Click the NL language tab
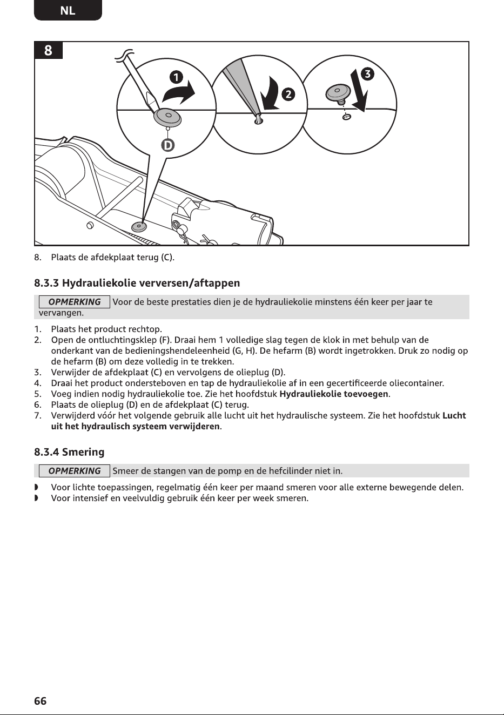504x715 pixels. coord(68,10)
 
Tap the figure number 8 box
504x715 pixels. coord(48,50)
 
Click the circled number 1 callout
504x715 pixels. coord(176,78)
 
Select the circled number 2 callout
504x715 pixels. coord(288,95)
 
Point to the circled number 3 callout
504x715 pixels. coord(367,74)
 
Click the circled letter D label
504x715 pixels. coord(167,146)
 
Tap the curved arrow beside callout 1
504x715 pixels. coord(179,92)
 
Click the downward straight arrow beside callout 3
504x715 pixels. coord(359,91)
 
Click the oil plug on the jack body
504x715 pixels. coord(139,227)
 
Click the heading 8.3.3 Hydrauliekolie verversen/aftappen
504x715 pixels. coord(137,283)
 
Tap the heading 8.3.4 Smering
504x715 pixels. coord(69,452)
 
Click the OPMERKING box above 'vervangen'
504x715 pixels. coord(75,302)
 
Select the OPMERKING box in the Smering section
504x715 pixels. coord(75,471)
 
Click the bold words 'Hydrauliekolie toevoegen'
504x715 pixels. coord(334,394)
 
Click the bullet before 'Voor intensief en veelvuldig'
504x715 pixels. coord(36,498)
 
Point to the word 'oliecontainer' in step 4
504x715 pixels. coord(416,383)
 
